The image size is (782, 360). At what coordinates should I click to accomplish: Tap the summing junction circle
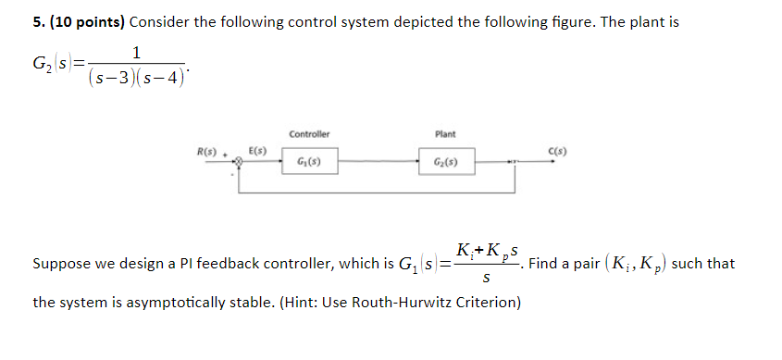point(237,161)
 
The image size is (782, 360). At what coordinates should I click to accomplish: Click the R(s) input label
point(205,147)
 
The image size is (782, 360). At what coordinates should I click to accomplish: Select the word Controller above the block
point(309,134)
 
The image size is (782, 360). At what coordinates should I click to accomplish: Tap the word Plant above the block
point(444,134)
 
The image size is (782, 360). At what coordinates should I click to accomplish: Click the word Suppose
point(60,264)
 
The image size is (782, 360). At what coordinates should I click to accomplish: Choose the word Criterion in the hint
point(487,303)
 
